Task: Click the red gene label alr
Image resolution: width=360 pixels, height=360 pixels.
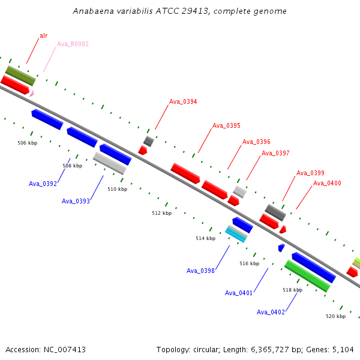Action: pos(44,35)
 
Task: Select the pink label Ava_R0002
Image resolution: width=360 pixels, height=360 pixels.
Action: pos(73,44)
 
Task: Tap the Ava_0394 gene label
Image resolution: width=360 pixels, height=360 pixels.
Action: pos(183,102)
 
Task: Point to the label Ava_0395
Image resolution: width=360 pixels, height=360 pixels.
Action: pos(226,125)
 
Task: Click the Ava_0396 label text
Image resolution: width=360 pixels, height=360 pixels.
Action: pos(256,142)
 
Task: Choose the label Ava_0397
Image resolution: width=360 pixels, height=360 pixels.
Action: pos(275,153)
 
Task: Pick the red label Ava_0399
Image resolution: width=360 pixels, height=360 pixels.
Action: pos(310,173)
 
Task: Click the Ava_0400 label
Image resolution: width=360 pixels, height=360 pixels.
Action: pos(327,183)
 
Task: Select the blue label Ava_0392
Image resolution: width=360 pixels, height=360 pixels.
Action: pos(43,184)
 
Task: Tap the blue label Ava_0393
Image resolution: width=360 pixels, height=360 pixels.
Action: pos(76,201)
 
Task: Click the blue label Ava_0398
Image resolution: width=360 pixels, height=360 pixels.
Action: pos(200,271)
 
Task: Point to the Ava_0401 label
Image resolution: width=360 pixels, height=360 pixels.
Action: pos(239,293)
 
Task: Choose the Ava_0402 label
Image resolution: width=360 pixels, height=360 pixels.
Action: pos(271,312)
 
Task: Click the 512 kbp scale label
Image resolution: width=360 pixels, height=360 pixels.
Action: pos(162,213)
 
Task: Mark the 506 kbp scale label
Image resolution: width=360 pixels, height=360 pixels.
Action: pos(28,143)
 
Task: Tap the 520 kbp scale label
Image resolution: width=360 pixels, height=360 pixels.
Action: pos(335,316)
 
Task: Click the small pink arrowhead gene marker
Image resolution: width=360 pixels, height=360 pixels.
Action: pos(32,94)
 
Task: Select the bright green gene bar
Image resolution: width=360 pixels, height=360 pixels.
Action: pos(307,276)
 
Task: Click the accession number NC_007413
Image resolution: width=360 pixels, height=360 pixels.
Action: pos(65,350)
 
